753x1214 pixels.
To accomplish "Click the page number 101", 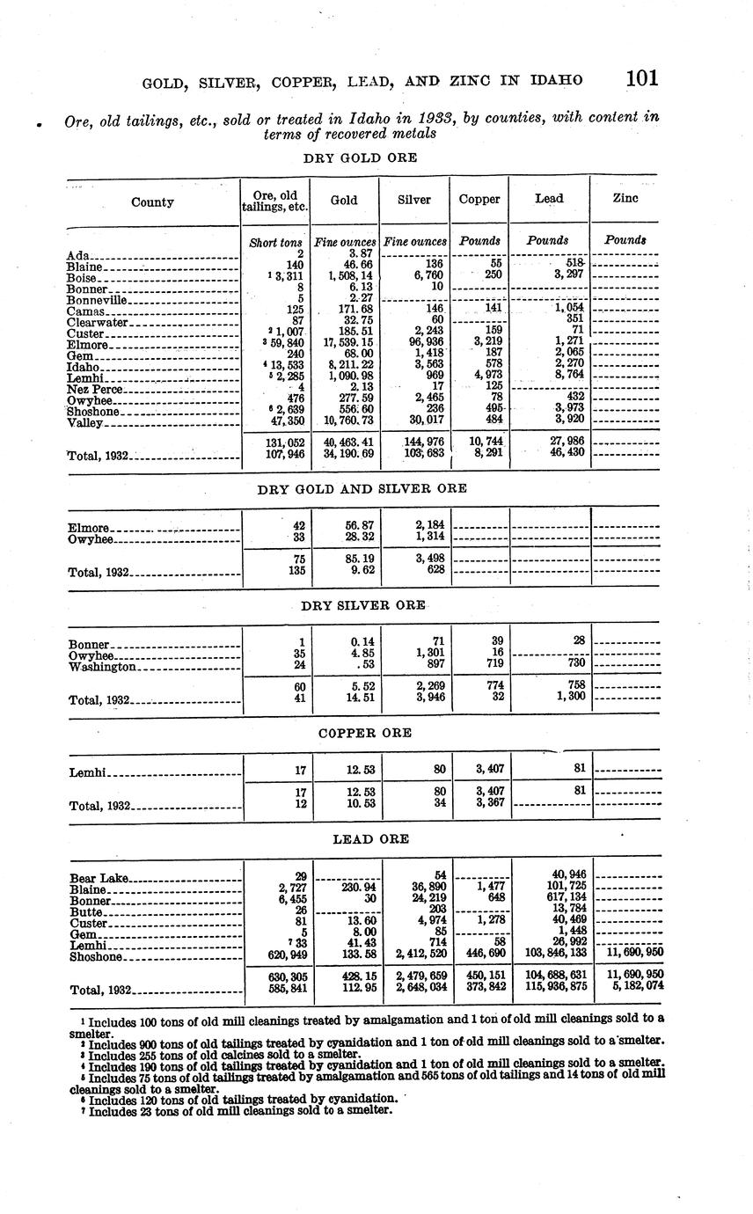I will [x=642, y=78].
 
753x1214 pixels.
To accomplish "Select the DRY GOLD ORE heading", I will [x=360, y=158].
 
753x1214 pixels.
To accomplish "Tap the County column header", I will [x=152, y=202].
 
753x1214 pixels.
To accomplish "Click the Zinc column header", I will [x=625, y=200].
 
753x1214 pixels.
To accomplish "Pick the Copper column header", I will [x=479, y=200].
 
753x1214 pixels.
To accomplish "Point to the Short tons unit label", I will [x=276, y=242].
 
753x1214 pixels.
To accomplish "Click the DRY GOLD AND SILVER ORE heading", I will [x=362, y=488].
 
